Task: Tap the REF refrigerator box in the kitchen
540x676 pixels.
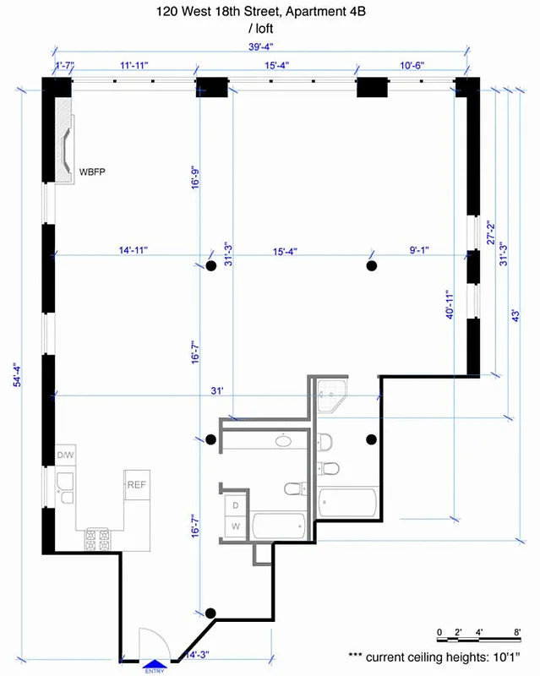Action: click(137, 485)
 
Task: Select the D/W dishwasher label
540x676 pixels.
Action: click(66, 456)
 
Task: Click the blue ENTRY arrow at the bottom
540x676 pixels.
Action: click(155, 663)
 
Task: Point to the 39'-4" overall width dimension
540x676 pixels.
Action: click(262, 47)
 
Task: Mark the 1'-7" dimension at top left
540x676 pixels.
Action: click(66, 65)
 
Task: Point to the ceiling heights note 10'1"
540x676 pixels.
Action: click(442, 656)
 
